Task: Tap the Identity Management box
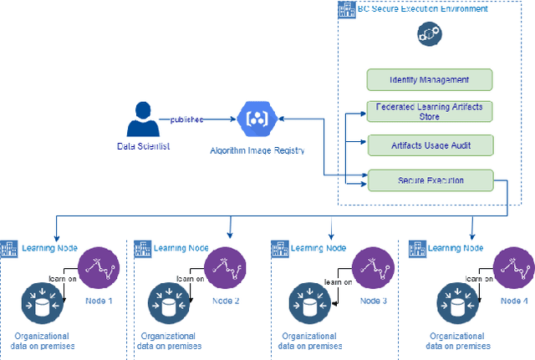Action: (430, 80)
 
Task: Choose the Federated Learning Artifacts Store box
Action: (430, 112)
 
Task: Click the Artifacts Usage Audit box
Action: (430, 145)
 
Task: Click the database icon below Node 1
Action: (41, 302)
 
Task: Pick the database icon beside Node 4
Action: (456, 302)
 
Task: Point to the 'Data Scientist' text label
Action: (145, 147)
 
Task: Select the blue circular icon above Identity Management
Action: (430, 34)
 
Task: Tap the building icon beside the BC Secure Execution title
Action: (344, 10)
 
